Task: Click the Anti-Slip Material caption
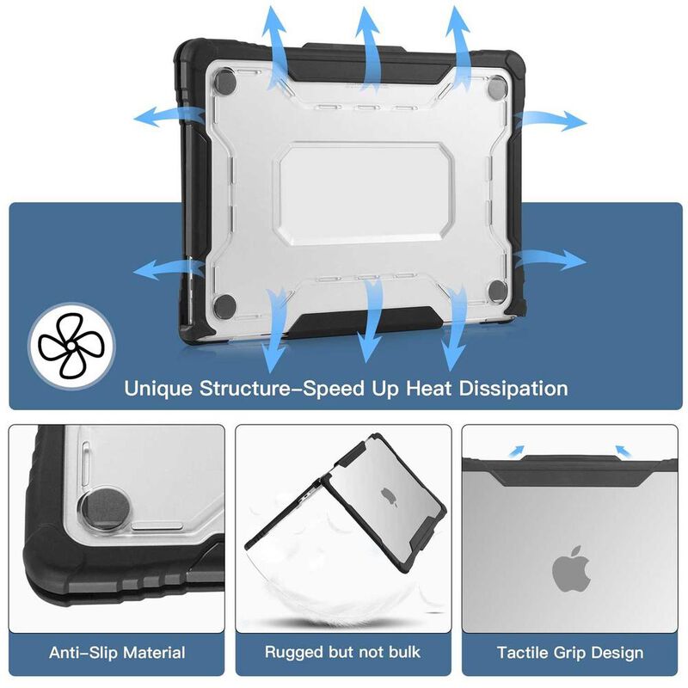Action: coord(117,653)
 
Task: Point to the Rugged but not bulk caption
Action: coord(344,653)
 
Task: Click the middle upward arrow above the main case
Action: coord(370,43)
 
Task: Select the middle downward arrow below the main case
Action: coord(370,322)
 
